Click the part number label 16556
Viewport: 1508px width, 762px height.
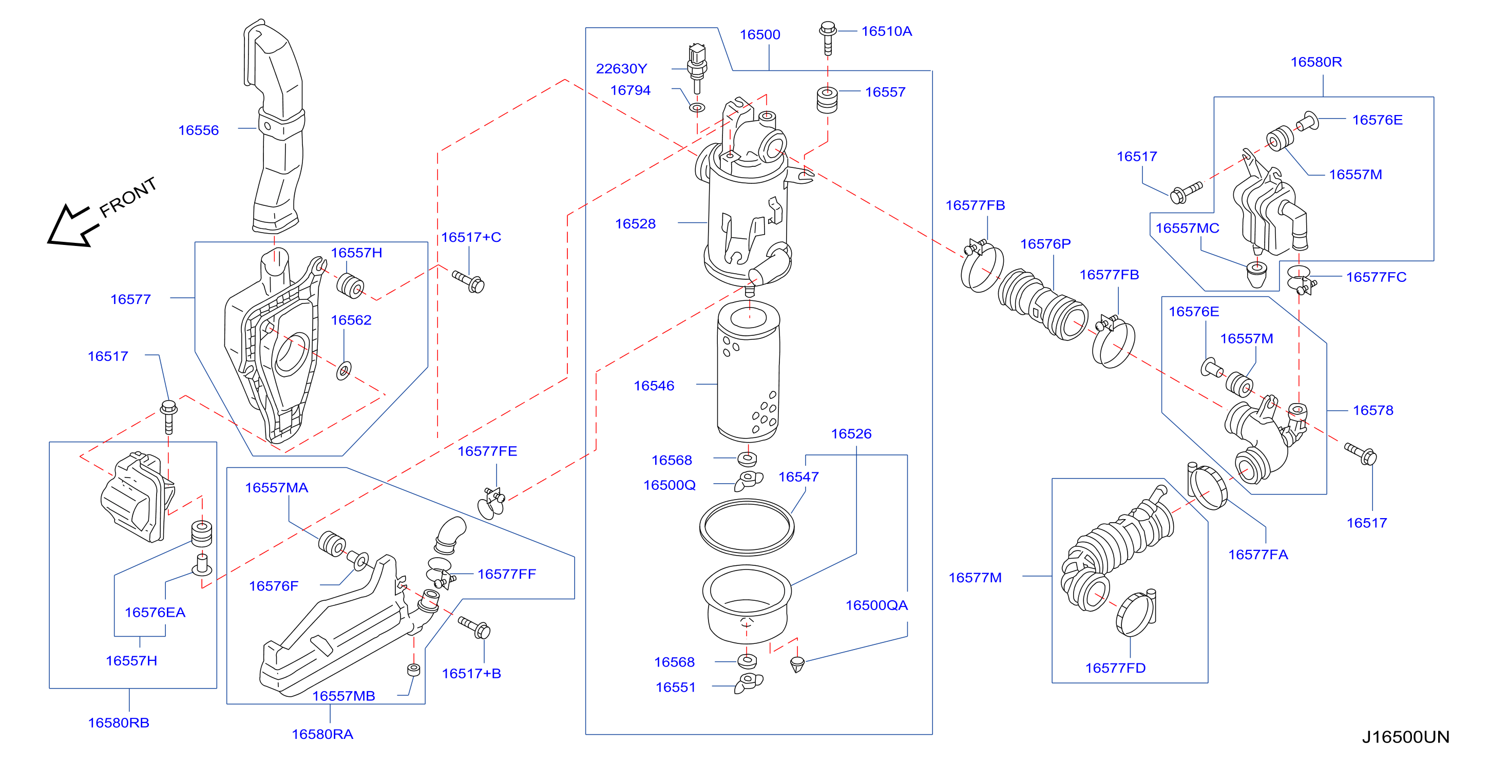click(199, 130)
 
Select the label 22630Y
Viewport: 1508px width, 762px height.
click(621, 68)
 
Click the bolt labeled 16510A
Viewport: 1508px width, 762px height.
click(827, 37)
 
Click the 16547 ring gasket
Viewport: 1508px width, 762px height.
click(747, 527)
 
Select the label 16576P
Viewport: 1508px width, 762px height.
click(1045, 243)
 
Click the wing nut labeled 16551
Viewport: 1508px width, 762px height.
click(749, 682)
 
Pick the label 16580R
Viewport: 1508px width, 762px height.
click(1316, 62)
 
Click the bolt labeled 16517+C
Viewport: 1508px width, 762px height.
click(468, 281)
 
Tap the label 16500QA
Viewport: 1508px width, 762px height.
click(876, 605)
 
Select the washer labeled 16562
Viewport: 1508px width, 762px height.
click(343, 370)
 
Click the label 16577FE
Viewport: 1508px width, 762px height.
click(487, 451)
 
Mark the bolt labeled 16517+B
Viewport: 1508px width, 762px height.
click(474, 627)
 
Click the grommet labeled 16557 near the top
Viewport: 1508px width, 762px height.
click(827, 100)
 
